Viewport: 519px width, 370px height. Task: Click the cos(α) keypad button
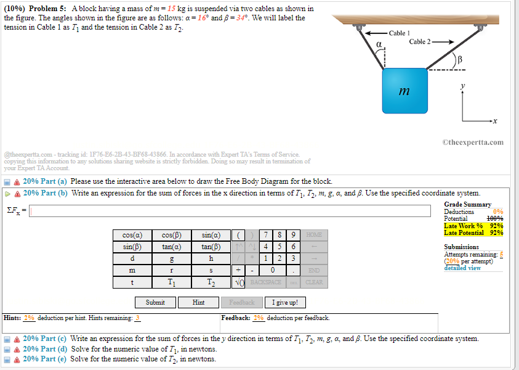pyautogui.click(x=132, y=235)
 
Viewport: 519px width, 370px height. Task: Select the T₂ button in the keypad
pyautogui.click(x=211, y=282)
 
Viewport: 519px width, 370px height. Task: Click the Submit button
pyautogui.click(x=155, y=302)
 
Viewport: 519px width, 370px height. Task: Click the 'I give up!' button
pyautogui.click(x=285, y=302)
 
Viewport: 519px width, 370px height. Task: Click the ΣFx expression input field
pyautogui.click(x=230, y=212)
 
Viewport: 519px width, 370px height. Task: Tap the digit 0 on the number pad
pyautogui.click(x=272, y=270)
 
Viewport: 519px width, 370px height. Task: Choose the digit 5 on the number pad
pyautogui.click(x=283, y=247)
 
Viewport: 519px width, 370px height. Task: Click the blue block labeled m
pyautogui.click(x=404, y=91)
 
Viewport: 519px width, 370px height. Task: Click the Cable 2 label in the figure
pyautogui.click(x=422, y=42)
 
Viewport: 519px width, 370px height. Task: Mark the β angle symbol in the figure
pyautogui.click(x=459, y=59)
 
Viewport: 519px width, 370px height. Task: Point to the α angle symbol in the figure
pyautogui.click(x=380, y=44)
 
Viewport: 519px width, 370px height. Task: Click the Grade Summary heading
pyautogui.click(x=467, y=204)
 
